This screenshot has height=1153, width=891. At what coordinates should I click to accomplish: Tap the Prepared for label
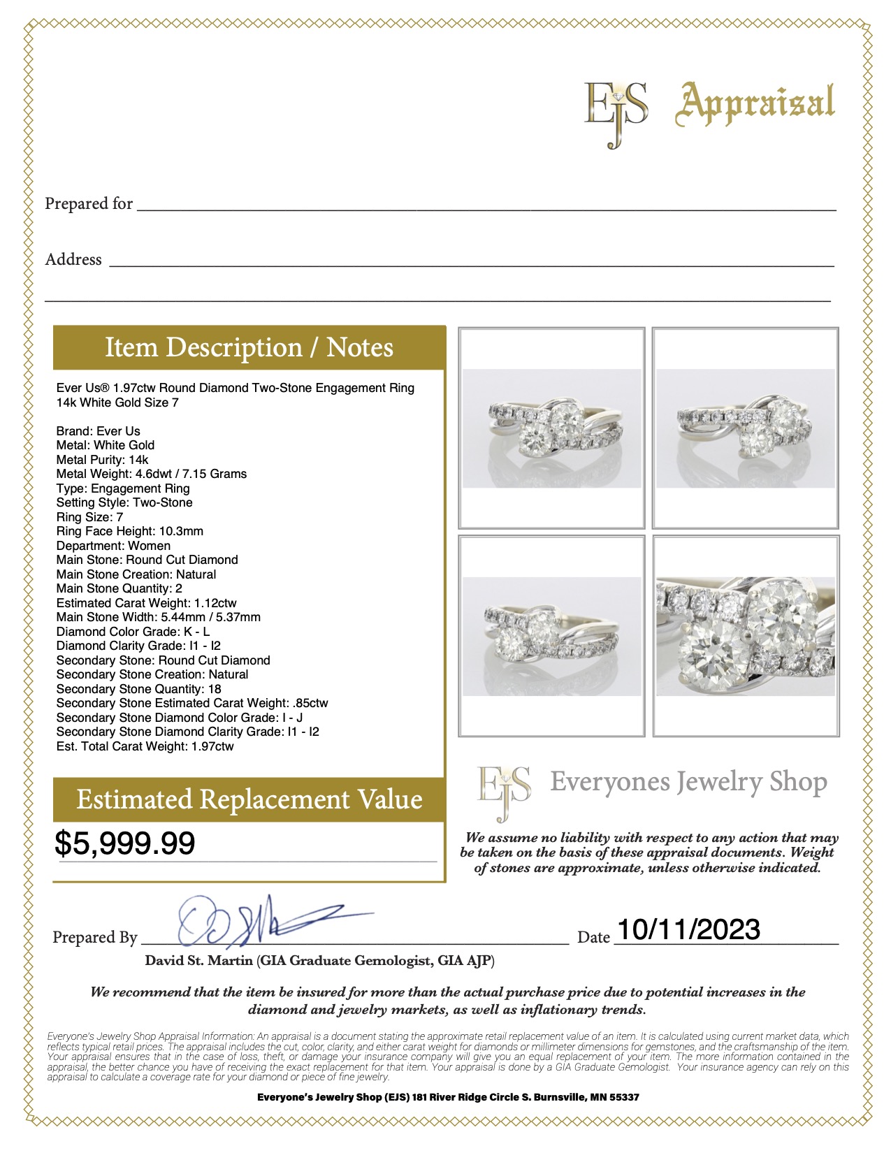(89, 204)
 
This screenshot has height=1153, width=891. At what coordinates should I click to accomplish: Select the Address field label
(73, 260)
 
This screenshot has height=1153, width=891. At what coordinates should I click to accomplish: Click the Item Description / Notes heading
(249, 347)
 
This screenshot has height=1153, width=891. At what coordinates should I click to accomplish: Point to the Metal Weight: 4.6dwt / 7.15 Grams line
(152, 474)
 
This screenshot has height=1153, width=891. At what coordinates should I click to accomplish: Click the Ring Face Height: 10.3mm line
(130, 531)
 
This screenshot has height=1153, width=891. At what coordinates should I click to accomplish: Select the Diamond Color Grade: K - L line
(133, 632)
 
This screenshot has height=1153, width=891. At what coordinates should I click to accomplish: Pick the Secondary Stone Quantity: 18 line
(138, 689)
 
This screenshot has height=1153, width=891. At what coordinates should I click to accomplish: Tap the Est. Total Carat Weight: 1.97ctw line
(145, 746)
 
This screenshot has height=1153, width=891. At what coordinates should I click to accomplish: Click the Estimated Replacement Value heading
(249, 799)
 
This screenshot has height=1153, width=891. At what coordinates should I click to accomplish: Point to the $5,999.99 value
(125, 843)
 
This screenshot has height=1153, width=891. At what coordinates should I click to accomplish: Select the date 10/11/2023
(688, 929)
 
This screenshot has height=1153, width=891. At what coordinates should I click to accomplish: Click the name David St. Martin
(198, 961)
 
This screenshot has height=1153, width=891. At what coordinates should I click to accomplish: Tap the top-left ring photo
(551, 428)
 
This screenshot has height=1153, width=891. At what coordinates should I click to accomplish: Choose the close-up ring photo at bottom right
(746, 636)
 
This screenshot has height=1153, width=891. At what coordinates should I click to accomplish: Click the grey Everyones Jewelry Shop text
(688, 782)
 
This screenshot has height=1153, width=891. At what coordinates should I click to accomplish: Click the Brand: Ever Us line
(99, 431)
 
